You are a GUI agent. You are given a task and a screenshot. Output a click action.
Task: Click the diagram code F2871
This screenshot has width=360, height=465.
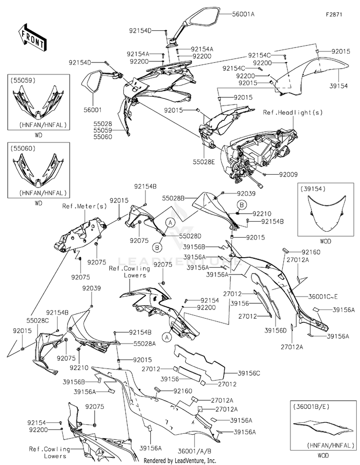coord(334,14)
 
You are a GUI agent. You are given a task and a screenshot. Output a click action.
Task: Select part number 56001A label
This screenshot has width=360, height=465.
coord(243,14)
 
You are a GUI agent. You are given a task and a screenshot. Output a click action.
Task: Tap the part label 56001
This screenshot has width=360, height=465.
coord(93,110)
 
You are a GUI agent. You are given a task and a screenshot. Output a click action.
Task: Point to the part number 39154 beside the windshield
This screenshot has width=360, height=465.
coord(338,86)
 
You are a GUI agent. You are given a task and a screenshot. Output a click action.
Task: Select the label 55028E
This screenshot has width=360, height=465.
coord(204,162)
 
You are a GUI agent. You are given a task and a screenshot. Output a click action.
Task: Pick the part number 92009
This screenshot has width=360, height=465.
coord(288,175)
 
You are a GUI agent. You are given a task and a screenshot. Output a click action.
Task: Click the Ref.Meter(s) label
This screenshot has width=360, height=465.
coord(84,206)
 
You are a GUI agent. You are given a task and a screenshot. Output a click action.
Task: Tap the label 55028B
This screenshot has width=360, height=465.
coord(173,198)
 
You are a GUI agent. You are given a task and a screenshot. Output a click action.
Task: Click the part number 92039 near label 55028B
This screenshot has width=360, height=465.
coord(246,194)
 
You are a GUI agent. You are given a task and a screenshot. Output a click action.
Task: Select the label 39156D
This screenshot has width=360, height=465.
coord(276,330)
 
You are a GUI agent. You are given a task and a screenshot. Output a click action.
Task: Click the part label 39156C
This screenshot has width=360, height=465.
coord(249,373)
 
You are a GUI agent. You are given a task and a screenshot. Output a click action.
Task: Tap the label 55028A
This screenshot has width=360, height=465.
coord(144,344)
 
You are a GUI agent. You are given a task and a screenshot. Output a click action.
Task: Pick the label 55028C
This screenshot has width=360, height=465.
coord(37,321)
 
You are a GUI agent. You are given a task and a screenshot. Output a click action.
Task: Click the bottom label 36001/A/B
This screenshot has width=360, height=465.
coord(194,451)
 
